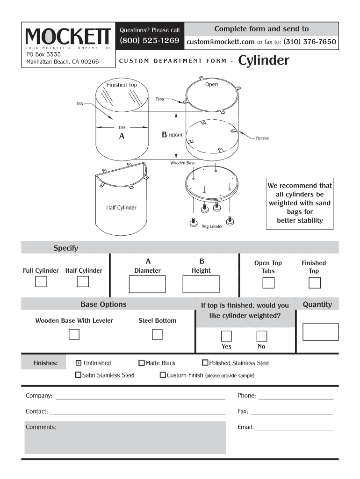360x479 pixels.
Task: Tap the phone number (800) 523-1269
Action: tap(150, 41)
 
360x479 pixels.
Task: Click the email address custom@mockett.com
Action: tap(221, 42)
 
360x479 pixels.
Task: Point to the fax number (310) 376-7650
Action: tap(310, 42)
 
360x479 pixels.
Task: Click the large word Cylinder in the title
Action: tap(264, 61)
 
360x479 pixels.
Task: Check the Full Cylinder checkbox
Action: tap(41, 282)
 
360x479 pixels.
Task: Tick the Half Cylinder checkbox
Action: tap(83, 282)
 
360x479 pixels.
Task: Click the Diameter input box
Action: tap(147, 284)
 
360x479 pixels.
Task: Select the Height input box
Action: tap(201, 284)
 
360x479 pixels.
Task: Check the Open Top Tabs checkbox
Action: tap(268, 283)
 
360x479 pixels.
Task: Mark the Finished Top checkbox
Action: tap(315, 283)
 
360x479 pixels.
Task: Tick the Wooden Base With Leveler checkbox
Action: tap(74, 334)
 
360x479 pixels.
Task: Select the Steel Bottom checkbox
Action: tap(157, 334)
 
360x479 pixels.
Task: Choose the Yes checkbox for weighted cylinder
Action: tap(226, 336)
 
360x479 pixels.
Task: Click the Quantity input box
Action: tap(320, 331)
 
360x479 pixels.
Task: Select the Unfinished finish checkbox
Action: tap(79, 363)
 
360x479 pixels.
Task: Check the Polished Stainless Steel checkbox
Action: tap(205, 363)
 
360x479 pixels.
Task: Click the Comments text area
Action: tap(125, 437)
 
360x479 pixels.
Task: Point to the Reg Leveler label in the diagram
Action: tap(212, 226)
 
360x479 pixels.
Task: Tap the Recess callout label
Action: tap(262, 138)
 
